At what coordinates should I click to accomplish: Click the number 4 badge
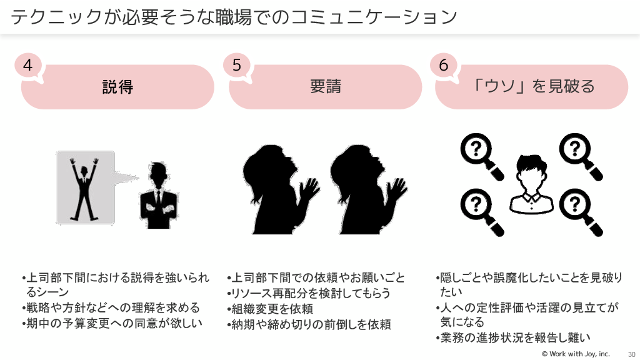click(x=28, y=65)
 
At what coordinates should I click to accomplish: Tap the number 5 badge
click(x=236, y=65)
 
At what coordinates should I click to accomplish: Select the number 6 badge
click(x=443, y=65)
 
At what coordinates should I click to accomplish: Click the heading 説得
click(x=117, y=86)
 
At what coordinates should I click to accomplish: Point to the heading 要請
click(x=325, y=86)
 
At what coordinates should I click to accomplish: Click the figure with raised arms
click(x=85, y=187)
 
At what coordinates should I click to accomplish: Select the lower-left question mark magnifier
click(x=481, y=209)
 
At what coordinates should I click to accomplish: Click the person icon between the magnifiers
click(x=531, y=184)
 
